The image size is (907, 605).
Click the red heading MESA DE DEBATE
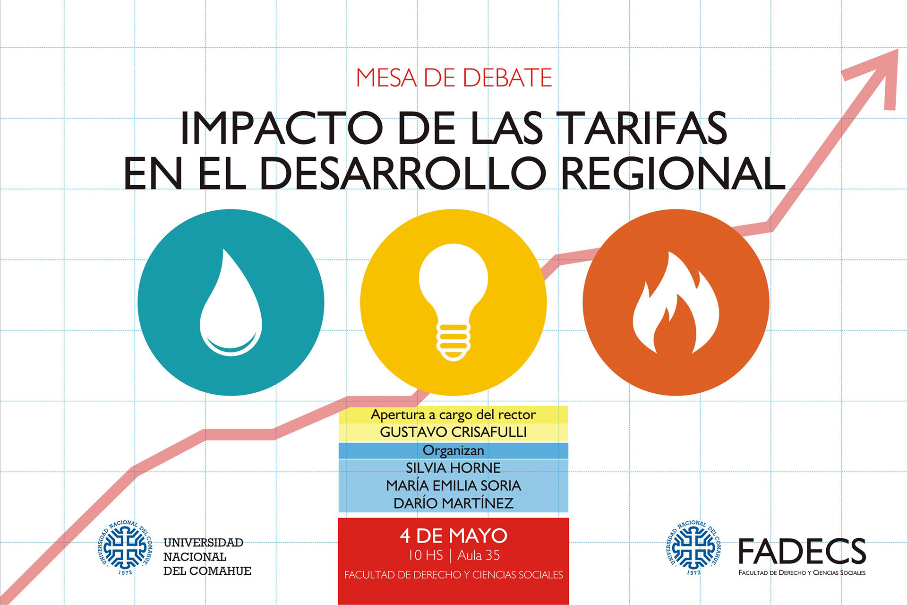coord(454,78)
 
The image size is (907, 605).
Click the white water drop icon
coord(231,302)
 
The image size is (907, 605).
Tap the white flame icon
coord(676,303)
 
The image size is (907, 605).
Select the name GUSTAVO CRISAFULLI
coord(453,432)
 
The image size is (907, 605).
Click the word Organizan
coord(453,450)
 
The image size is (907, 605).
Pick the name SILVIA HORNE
coord(453,468)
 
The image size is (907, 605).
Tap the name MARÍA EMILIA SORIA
coord(453,485)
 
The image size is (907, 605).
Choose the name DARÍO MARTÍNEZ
coord(453,503)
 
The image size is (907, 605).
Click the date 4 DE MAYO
coord(453,536)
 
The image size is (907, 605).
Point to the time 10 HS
coord(426,555)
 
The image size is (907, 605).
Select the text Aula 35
coord(479,555)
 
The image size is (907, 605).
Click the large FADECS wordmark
coord(802,552)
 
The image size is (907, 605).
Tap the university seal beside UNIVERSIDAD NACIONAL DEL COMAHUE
coord(125,548)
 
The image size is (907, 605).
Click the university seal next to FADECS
coord(693,548)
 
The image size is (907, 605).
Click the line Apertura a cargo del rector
coord(453,415)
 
